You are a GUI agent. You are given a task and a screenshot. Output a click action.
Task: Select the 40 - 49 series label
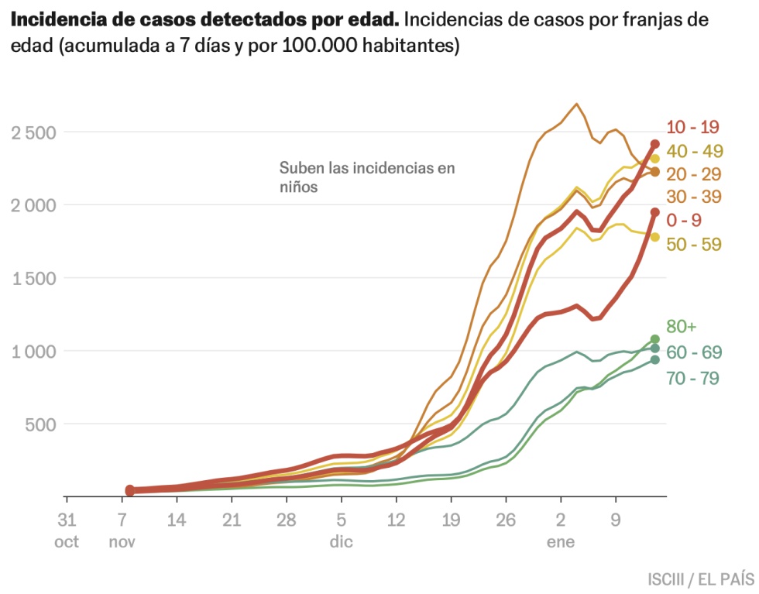694,150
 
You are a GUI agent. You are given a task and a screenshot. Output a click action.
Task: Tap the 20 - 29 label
694,173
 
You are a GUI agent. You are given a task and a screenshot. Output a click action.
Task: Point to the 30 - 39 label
694,197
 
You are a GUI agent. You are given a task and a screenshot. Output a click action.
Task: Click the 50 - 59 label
694,245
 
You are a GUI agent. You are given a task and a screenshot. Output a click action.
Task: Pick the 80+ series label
681,326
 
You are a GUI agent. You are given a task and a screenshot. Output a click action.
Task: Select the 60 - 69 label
694,352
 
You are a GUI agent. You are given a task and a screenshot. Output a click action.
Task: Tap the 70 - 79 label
694,379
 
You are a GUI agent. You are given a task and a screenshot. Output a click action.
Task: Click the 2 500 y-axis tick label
34,132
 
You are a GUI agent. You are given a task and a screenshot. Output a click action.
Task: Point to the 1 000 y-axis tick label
34,352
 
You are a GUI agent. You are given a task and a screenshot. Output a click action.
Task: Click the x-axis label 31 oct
67,530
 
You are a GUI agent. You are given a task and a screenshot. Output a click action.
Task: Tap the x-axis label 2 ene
561,530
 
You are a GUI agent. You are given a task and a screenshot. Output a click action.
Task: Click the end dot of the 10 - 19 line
654,144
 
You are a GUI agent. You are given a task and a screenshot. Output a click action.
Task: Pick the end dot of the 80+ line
654,339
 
